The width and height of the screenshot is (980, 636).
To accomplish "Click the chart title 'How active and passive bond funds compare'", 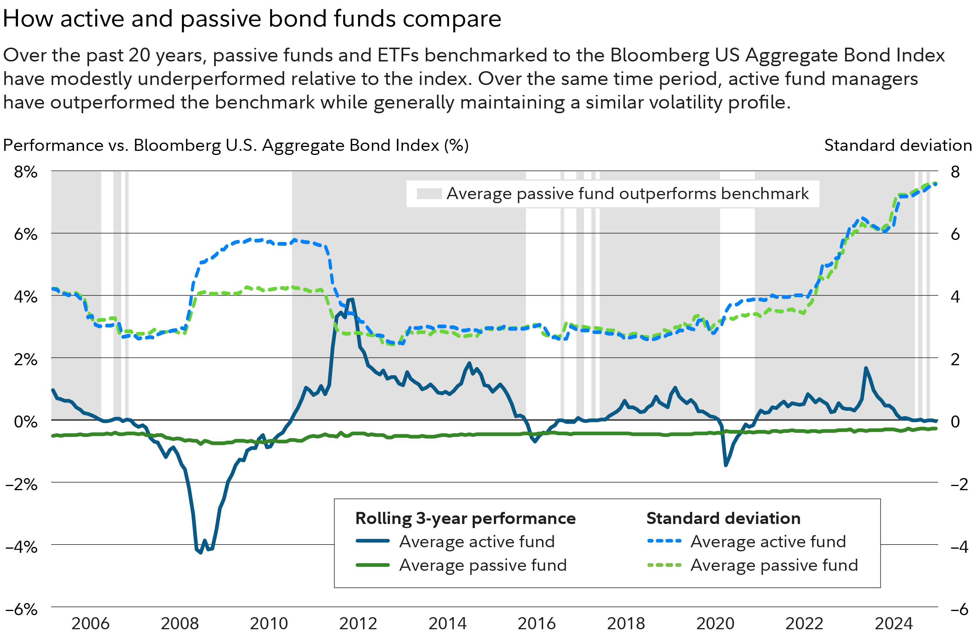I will (252, 19).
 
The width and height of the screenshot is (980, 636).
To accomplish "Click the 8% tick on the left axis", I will (26, 172).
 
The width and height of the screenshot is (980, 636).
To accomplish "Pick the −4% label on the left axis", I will (21, 547).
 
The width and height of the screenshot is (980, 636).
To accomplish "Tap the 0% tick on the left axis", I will (26, 421).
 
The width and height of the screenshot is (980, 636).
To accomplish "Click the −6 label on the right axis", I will (959, 609).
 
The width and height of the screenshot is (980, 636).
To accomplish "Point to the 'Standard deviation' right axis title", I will (898, 146).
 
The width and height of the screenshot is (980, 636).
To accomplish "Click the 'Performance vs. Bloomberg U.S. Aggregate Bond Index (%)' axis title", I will (235, 146).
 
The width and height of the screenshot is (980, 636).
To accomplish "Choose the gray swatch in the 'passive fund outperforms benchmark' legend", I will (429, 193).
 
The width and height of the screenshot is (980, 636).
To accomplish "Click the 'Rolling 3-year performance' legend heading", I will (465, 518).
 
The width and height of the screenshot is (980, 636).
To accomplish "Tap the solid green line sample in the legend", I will (373, 565).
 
